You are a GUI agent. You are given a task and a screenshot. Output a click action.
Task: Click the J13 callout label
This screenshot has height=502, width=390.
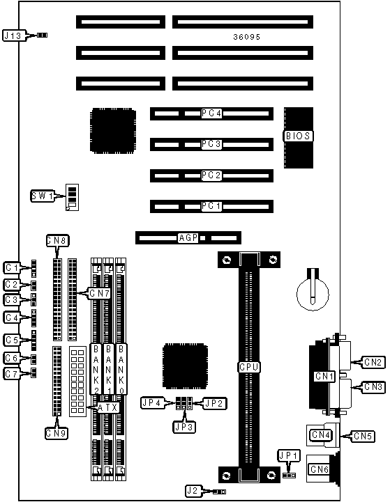pos(13,36)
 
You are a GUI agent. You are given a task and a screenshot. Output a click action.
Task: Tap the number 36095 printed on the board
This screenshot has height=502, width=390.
pos(247,37)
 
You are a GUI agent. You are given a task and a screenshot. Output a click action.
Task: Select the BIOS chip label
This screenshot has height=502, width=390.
pos(298,136)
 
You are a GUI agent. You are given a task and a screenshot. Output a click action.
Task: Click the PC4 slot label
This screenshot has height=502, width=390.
pos(211,113)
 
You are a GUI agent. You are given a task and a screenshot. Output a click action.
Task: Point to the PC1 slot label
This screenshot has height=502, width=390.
pos(211,206)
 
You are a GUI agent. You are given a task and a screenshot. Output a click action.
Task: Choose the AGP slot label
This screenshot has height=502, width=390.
pos(188,238)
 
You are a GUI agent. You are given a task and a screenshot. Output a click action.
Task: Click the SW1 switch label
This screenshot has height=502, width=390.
pos(43,196)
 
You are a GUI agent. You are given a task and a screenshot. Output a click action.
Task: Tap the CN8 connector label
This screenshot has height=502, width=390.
pos(57,240)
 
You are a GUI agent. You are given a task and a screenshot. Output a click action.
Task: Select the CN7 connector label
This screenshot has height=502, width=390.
pos(99,293)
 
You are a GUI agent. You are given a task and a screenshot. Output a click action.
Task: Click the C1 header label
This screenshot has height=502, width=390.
pos(12,267)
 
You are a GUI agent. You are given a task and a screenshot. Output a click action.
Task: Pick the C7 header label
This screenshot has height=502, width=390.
pos(12,374)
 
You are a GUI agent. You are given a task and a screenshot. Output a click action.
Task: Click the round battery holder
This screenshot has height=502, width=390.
pos(313,294)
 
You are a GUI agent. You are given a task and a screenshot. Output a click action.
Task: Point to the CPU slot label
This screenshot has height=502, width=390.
pos(249,367)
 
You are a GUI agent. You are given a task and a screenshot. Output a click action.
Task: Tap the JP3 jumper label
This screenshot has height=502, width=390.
pos(184,427)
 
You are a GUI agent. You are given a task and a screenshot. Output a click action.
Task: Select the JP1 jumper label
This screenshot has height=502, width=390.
pos(289,456)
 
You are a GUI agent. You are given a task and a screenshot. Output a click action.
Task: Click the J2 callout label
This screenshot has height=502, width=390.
pos(194,491)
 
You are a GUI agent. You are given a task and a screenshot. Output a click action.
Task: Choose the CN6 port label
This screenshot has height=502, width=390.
pos(319,469)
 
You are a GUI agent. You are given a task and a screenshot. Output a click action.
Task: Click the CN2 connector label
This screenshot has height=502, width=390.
pos(373,362)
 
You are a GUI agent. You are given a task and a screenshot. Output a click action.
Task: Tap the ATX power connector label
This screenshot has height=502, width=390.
pos(107,407)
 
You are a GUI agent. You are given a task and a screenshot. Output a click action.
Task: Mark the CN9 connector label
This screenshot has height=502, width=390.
pos(57,433)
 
